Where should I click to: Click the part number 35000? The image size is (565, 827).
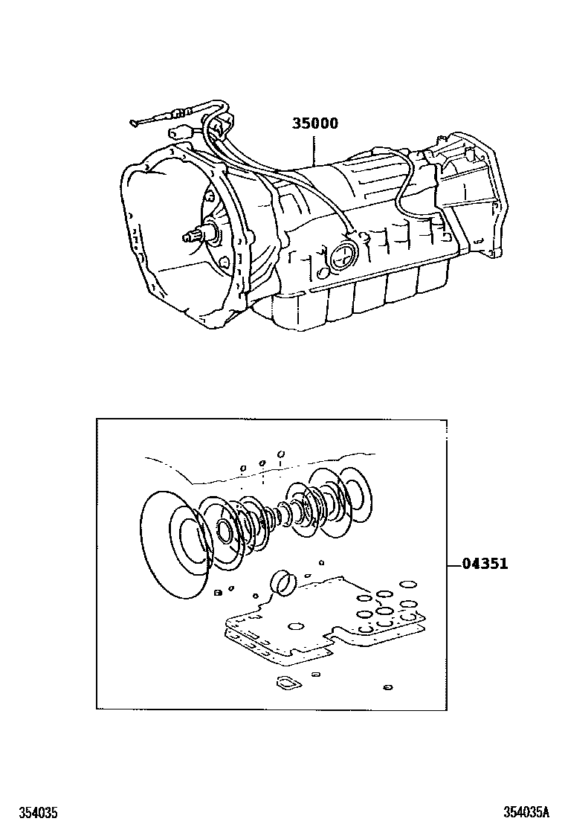point(315,123)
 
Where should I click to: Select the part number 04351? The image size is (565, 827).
point(485,564)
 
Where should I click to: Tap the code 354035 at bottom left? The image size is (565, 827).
point(38,812)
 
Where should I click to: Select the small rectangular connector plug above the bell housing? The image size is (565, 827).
point(179,132)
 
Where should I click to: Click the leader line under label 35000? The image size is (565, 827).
point(314,149)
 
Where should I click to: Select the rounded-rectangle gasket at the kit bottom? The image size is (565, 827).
point(288,683)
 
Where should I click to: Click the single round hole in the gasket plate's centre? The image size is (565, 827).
point(296,626)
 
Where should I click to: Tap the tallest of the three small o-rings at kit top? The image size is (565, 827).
point(281,454)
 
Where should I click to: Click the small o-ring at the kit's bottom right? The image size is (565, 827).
point(388,687)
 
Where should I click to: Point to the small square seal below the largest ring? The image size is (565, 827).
point(217,593)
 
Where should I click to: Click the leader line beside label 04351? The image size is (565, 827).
point(454,564)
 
